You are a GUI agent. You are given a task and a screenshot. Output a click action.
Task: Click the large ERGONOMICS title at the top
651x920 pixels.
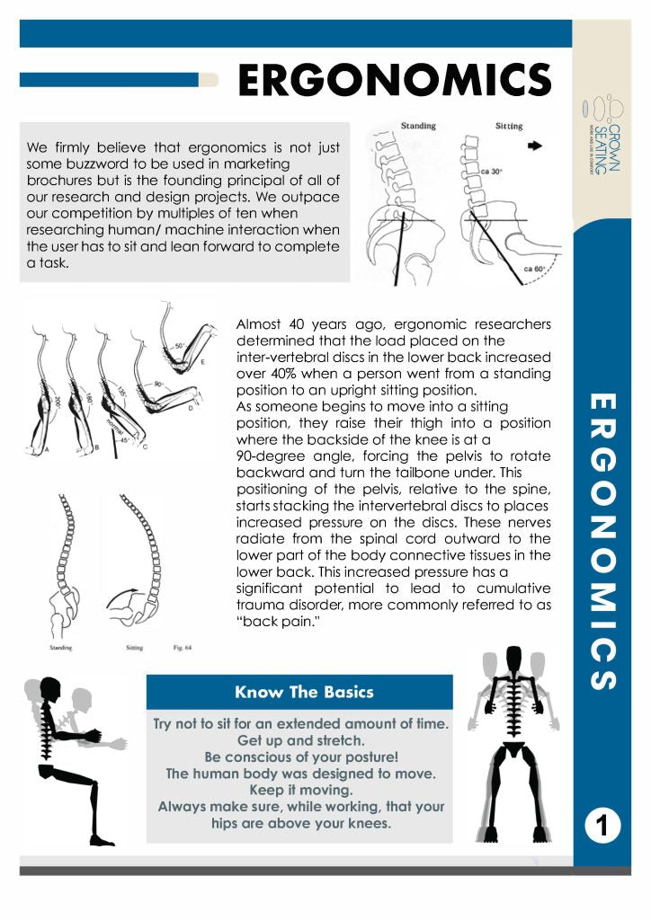pyautogui.click(x=394, y=81)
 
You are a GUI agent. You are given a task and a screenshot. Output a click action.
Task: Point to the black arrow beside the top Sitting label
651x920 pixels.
pyautogui.click(x=536, y=145)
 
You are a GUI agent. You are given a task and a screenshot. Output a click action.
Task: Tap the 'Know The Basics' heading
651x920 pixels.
pyautogui.click(x=303, y=692)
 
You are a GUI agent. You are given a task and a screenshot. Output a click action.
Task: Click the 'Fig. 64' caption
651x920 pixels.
pyautogui.click(x=183, y=647)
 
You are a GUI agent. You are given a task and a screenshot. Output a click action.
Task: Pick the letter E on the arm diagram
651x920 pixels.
pyautogui.click(x=202, y=361)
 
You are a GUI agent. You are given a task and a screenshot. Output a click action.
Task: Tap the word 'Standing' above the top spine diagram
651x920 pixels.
pyautogui.click(x=419, y=126)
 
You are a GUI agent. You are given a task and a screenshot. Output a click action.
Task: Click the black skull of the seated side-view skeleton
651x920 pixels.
pyautogui.click(x=49, y=693)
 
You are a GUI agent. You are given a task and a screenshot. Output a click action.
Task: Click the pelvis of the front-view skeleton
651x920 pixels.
pyautogui.click(x=513, y=747)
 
